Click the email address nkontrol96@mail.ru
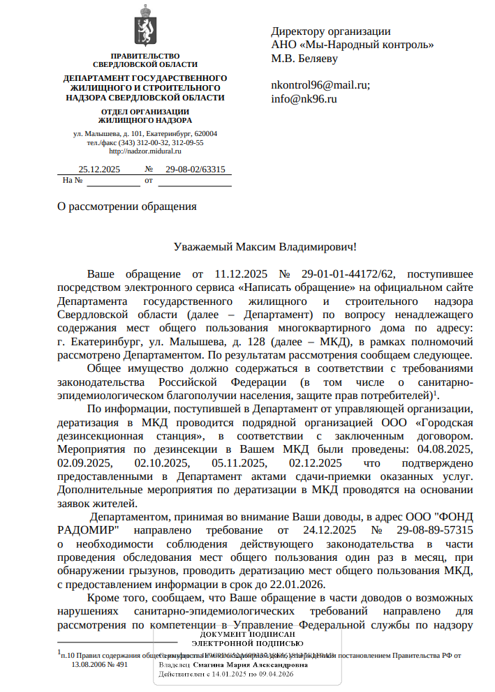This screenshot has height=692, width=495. [320, 85]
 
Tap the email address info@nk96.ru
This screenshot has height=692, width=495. [304, 98]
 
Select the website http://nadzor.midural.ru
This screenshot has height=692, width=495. [145, 151]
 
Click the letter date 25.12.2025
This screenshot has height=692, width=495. [99, 169]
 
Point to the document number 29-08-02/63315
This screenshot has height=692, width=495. [195, 169]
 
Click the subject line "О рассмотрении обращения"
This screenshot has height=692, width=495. [126, 206]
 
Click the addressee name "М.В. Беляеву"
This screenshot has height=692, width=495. [304, 59]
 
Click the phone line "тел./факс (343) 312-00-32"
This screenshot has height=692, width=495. [126, 142]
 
